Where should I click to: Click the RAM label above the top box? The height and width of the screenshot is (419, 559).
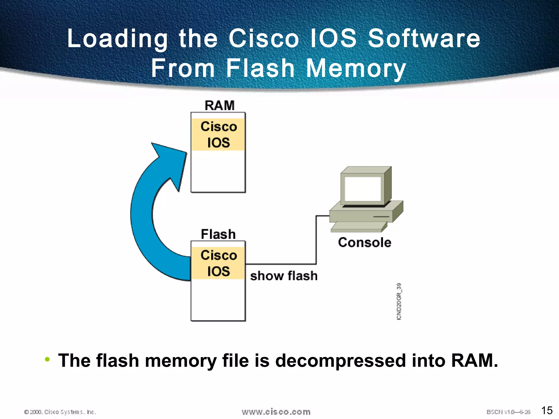point(219,106)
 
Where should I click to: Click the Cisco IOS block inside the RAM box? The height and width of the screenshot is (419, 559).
point(218,134)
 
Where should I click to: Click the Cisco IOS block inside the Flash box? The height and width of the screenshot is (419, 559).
point(218,263)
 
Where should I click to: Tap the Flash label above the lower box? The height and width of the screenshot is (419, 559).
point(218,234)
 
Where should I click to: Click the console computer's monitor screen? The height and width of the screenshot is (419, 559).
point(362,188)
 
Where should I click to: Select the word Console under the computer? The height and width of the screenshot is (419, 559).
point(364,243)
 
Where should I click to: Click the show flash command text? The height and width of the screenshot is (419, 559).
point(284,276)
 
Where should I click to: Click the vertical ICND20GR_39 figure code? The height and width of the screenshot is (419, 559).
point(399,301)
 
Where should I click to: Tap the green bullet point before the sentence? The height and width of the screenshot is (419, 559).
point(47,359)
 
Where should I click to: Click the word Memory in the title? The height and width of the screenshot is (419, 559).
point(356,68)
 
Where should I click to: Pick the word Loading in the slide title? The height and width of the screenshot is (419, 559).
point(117,38)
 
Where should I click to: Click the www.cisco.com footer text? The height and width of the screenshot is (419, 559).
point(276,412)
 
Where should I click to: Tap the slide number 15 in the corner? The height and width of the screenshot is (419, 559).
point(547,410)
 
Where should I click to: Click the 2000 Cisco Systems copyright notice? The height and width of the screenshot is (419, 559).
point(60,412)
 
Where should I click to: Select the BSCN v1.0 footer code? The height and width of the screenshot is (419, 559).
point(508,412)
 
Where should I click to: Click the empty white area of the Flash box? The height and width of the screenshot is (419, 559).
point(218,300)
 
